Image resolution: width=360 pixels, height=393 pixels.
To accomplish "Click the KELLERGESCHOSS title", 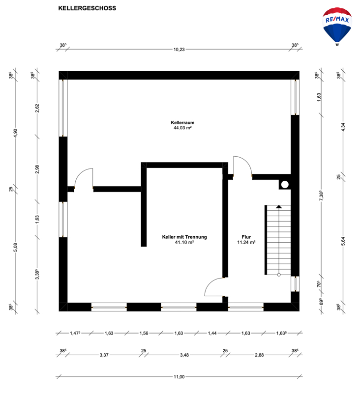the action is pos(87,8).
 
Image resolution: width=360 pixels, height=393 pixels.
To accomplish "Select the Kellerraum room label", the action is pos(182,122).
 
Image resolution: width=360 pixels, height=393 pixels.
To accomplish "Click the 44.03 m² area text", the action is pos(182,128).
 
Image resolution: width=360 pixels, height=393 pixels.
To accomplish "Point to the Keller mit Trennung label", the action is pos(184,237).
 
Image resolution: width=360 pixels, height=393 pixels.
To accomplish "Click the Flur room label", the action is pos(246,237).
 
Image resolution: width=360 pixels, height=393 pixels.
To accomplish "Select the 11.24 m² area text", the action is pos(246,242).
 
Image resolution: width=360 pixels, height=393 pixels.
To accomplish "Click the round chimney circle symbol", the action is pos(285,185).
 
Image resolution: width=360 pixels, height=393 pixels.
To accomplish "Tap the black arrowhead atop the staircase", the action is pos(279,207).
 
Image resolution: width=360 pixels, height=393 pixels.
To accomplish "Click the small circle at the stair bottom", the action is pos(279,275).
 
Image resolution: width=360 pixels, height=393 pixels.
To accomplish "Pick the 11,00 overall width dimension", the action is pos(179,377).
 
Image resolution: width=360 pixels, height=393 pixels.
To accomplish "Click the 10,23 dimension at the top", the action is pos(179,50).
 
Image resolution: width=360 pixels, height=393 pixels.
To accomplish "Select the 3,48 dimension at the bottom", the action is pos(184,355).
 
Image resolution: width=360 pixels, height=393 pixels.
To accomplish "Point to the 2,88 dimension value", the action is pos(259,355).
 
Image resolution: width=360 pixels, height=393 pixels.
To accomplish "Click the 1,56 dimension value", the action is pos(144,333).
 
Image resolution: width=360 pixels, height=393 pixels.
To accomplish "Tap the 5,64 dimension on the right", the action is pos(343,241).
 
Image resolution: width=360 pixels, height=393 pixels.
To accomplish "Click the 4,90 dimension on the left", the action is pos(16,133).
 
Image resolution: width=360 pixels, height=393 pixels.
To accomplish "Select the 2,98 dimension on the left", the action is pos(37,169).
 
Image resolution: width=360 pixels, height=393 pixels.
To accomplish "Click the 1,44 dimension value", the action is pos(212,333).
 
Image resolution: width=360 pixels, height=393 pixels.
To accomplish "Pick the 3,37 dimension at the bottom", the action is pos(104,355).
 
